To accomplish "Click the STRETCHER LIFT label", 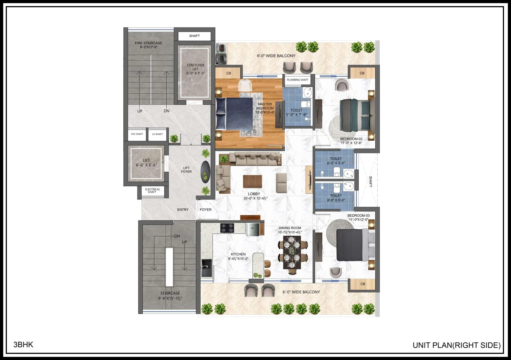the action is coord(196,67).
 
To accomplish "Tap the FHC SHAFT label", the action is coord(137,134).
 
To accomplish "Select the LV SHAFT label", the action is coord(157,134).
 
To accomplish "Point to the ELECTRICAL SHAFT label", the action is coord(153,190).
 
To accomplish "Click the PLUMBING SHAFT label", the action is coord(297,80).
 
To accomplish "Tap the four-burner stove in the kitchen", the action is coord(227,228).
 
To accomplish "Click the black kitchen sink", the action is coord(207,268).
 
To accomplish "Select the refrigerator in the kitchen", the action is coord(253,229).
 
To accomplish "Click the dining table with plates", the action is coord(292,252).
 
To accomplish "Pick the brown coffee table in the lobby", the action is coord(252,181).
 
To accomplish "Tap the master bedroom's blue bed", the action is coord(235,114).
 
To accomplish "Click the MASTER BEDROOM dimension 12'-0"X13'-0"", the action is coord(265,112).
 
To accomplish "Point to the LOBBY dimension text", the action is coord(255,198).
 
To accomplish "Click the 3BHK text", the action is coord(23,344).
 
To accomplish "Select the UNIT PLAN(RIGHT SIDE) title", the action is coord(456,345).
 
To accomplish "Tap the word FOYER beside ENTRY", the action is coord(206,209).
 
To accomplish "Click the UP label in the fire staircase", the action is coord(140,111).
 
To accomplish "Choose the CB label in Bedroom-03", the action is coord(363,284).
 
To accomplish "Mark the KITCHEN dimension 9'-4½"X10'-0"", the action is coord(238,259).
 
